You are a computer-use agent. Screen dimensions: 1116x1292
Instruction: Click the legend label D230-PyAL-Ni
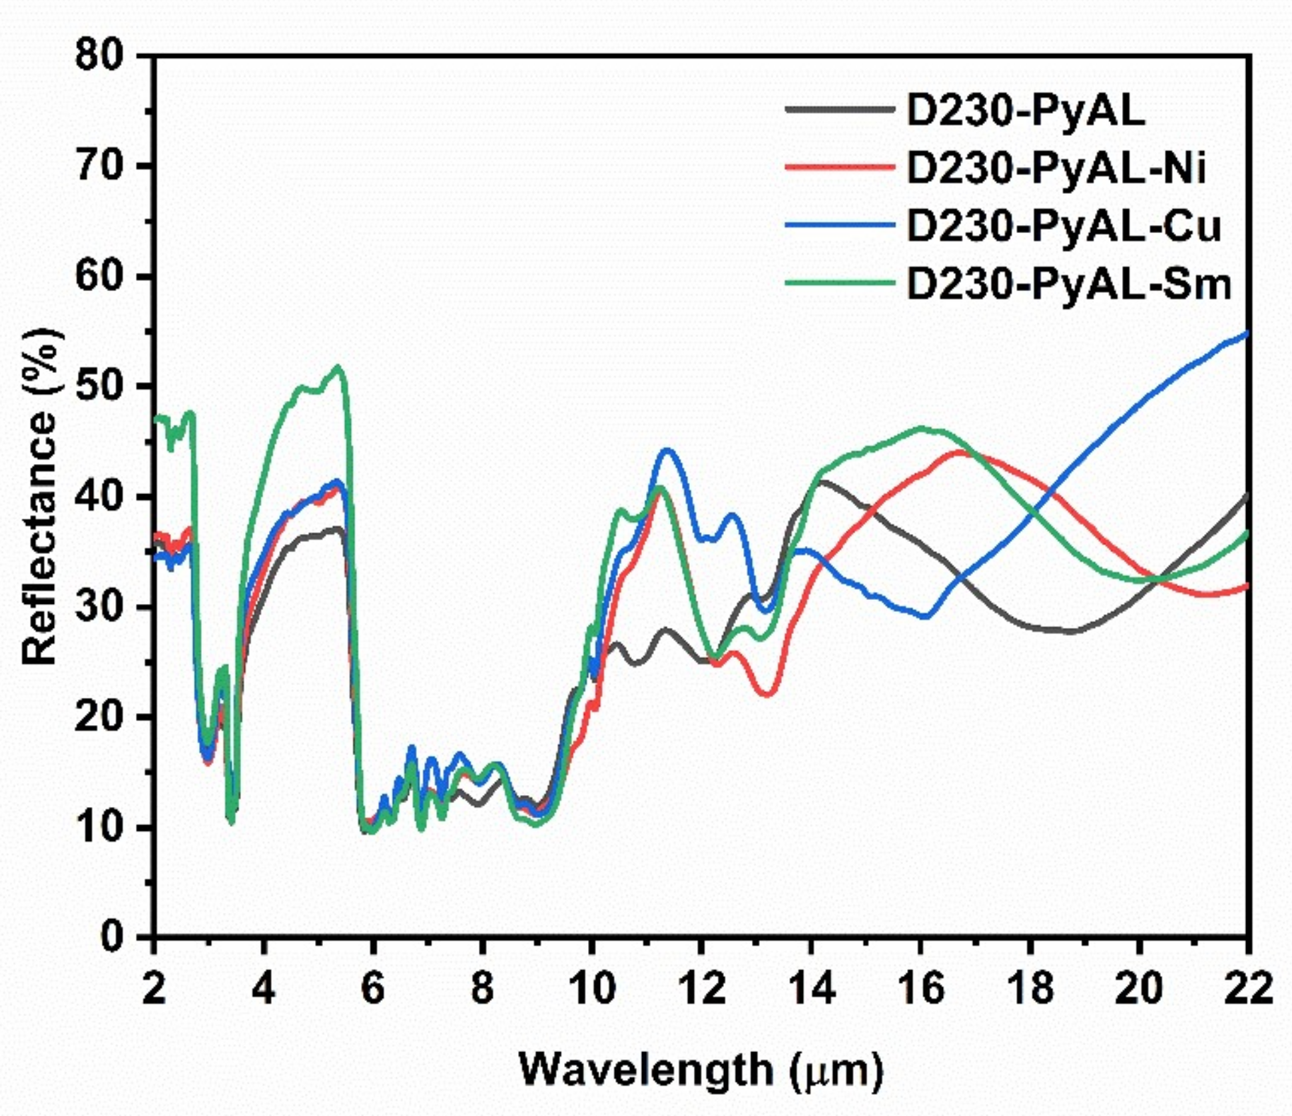point(1056,168)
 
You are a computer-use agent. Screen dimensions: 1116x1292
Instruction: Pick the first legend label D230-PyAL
point(1026,111)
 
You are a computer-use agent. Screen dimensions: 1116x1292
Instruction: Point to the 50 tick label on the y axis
point(100,386)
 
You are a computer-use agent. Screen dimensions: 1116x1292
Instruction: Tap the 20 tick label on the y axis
point(100,717)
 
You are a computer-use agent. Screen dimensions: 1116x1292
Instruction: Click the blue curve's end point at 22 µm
point(1247,333)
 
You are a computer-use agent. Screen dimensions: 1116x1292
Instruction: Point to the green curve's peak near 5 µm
point(338,366)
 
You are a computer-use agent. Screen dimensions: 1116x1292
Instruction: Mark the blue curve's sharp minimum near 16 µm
point(926,617)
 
